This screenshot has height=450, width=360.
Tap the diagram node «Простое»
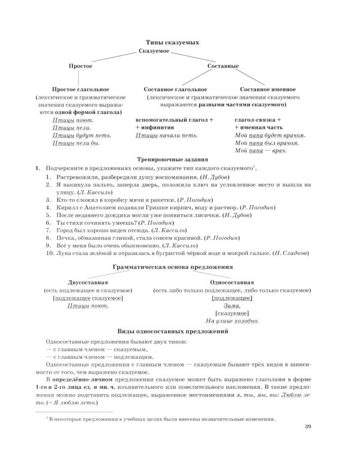click(x=80, y=66)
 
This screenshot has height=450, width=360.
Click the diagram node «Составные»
click(x=223, y=66)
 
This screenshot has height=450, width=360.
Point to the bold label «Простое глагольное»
click(x=82, y=89)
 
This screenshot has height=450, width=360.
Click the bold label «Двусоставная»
click(x=88, y=281)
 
